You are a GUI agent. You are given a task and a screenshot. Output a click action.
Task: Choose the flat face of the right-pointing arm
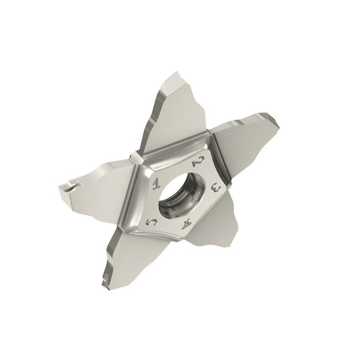point(240,139)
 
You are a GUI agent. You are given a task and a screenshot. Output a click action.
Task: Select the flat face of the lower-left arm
point(126,249)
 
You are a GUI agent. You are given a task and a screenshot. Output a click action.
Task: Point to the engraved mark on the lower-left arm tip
point(107,277)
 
